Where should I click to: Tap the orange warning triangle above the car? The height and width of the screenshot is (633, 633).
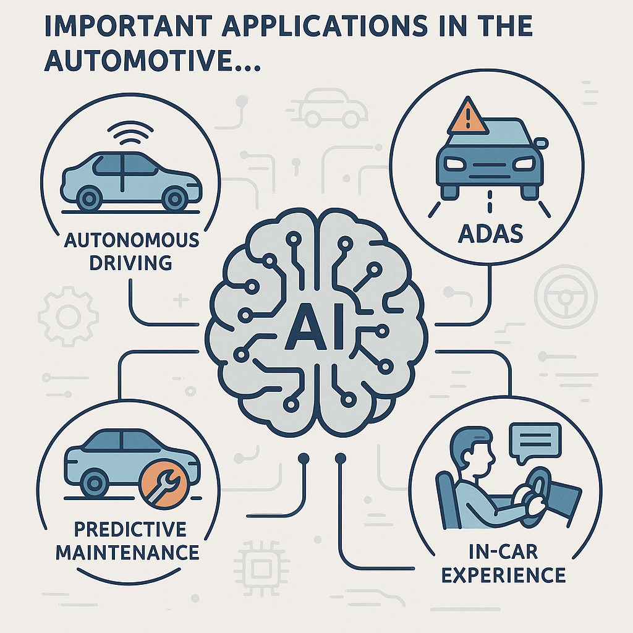467,117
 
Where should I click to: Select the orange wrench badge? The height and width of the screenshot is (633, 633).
163,483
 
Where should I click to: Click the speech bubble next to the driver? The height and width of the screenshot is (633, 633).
535,442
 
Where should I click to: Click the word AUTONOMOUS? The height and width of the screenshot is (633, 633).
132,240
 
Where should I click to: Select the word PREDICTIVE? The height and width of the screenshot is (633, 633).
130,529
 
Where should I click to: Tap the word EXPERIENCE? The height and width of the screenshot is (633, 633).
503,575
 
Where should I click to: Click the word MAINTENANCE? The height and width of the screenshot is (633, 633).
127,552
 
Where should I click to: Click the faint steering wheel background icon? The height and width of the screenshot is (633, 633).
565,297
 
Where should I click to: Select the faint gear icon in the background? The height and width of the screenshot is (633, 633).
68,316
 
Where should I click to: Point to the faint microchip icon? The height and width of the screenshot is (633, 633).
261,569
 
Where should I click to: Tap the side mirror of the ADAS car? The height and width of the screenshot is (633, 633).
541,143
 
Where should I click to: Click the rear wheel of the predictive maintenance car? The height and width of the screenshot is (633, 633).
94,483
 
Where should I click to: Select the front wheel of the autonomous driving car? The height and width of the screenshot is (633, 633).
175,198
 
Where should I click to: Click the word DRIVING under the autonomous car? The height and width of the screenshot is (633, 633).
131,263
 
